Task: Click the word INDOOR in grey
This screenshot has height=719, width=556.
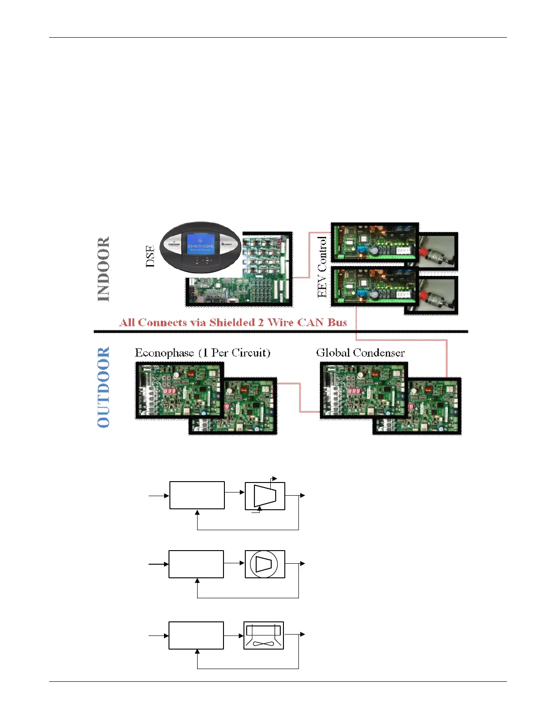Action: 104,269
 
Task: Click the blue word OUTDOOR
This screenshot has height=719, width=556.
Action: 104,387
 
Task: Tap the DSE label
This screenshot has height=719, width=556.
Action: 150,256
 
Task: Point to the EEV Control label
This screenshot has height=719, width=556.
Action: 322,267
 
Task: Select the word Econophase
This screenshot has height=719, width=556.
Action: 164,353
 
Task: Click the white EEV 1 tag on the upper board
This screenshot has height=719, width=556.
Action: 403,251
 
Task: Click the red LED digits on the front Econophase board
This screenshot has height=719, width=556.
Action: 170,391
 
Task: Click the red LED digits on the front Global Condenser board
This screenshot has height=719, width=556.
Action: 354,391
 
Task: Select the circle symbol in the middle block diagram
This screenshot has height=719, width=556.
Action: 264,564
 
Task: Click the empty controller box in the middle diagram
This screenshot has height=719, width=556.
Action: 196,564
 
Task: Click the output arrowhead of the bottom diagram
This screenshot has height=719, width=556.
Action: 303,635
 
